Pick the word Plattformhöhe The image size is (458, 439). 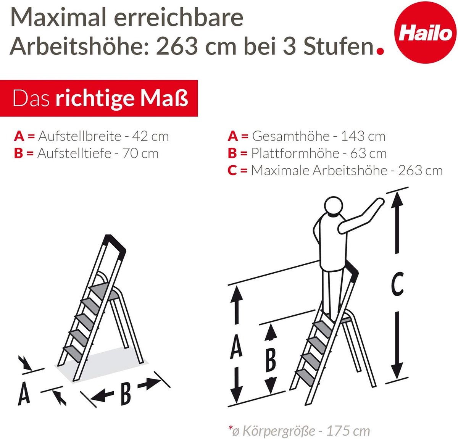295,153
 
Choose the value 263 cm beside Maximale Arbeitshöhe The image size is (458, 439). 420,171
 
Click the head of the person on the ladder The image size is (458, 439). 334,207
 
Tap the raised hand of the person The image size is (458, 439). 379,202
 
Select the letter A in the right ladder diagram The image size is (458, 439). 236,346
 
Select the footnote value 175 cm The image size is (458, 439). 348,431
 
